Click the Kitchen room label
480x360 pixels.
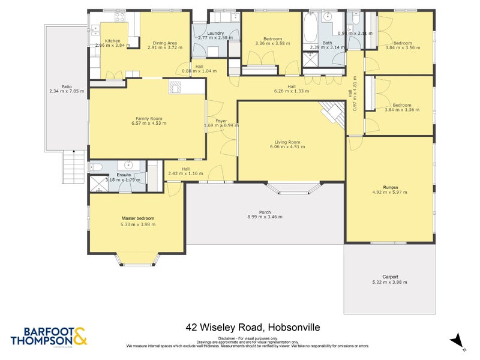click(113, 41)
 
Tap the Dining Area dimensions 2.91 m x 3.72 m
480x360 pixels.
click(164, 48)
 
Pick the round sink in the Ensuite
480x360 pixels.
click(128, 164)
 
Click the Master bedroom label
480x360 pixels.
click(138, 218)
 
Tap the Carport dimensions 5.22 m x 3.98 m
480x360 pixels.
click(389, 282)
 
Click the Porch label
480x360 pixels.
click(265, 212)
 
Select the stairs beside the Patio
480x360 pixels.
click(74, 166)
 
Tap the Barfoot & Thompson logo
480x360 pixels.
click(49, 336)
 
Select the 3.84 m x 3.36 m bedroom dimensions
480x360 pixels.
click(402, 110)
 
